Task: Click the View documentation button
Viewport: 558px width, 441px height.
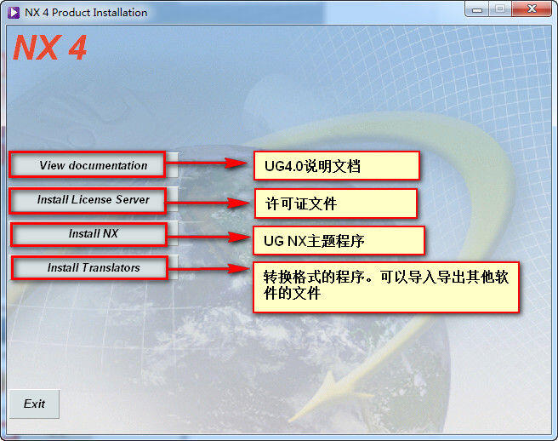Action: [x=93, y=165]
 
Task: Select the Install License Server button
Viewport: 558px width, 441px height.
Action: [x=93, y=200]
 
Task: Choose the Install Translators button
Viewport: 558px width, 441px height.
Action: [x=93, y=267]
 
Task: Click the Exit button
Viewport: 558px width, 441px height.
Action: [x=34, y=404]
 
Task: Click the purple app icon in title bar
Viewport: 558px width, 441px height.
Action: [x=13, y=12]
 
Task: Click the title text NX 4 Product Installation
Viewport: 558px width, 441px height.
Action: [x=86, y=12]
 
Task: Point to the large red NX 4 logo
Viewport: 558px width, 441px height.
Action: [x=49, y=48]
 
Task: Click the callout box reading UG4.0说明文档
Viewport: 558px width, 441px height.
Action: [x=336, y=166]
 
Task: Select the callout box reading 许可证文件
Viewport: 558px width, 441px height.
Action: [x=335, y=203]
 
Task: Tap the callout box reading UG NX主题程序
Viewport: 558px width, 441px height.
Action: [x=339, y=241]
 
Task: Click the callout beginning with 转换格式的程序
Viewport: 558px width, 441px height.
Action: [x=386, y=287]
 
